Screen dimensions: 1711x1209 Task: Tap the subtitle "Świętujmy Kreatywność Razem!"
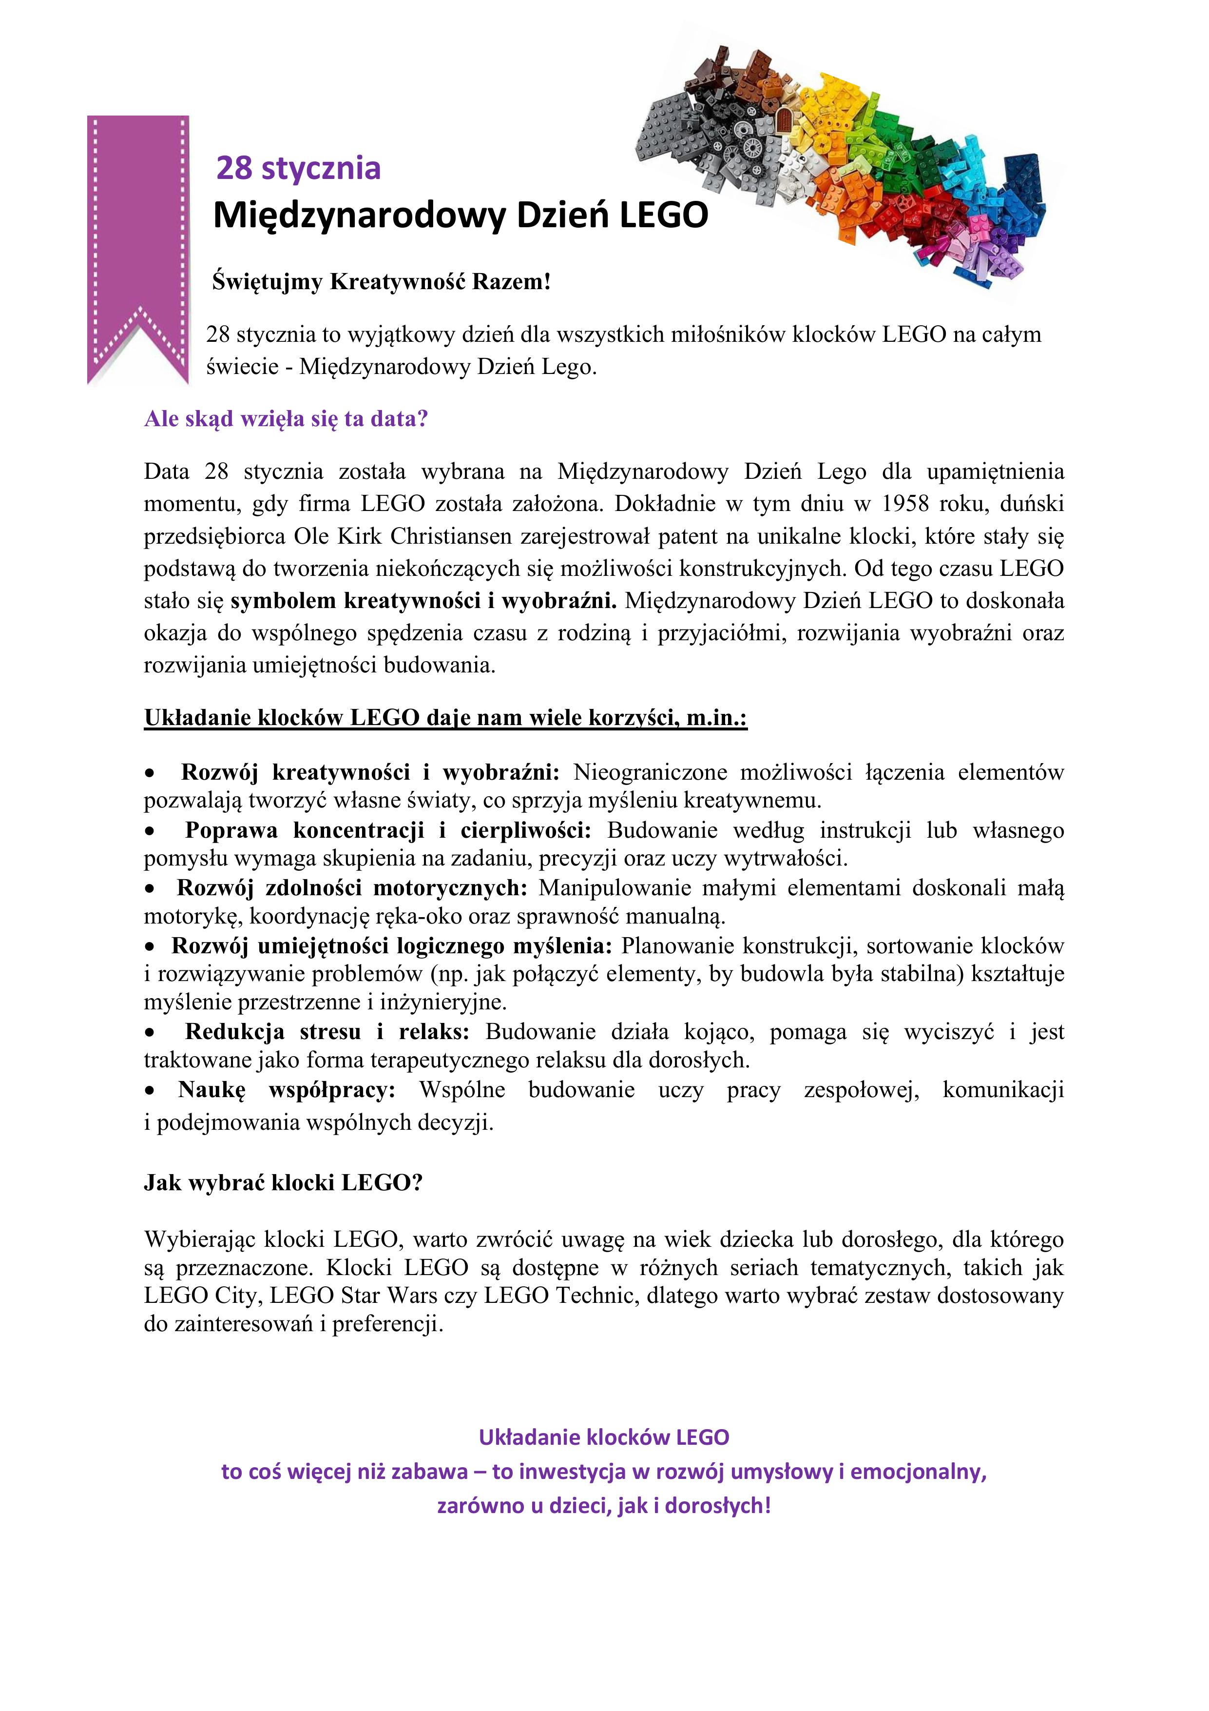pos(382,282)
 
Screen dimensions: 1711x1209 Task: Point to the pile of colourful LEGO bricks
pos(849,164)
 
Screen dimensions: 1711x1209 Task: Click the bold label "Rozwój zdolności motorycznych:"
pos(352,887)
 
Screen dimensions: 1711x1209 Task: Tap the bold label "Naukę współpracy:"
pos(287,1089)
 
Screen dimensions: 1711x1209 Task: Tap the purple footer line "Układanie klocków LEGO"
pos(604,1437)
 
